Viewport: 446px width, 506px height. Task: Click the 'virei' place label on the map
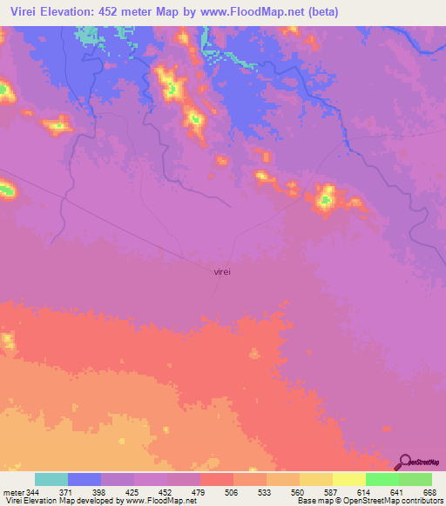pyautogui.click(x=222, y=271)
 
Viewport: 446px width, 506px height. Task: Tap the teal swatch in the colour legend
pyautogui.click(x=51, y=479)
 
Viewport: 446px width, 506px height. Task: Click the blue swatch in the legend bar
pyautogui.click(x=84, y=479)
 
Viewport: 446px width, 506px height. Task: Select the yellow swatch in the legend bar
pyautogui.click(x=348, y=479)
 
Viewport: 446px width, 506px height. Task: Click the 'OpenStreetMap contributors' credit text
pyautogui.click(x=383, y=502)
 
